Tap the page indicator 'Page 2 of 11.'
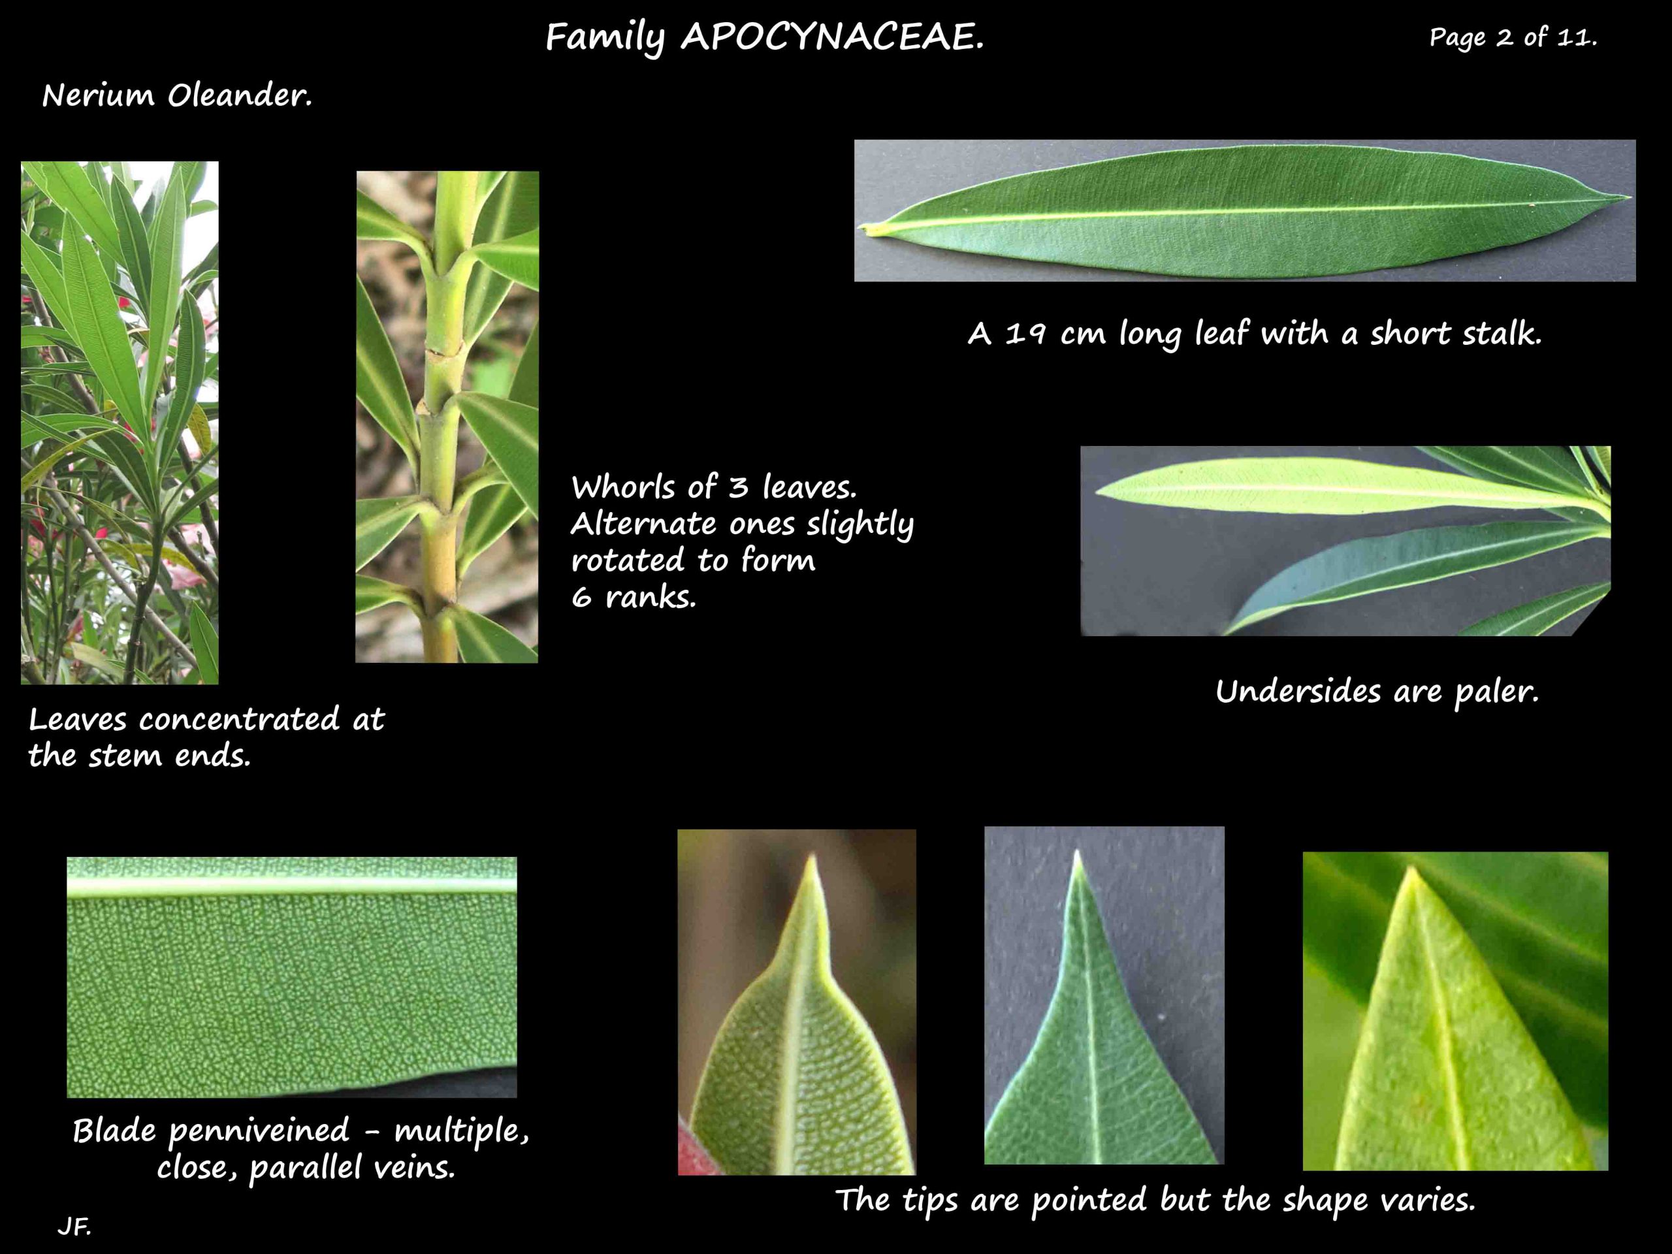point(1513,37)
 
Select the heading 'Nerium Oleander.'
point(177,96)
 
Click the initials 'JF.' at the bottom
point(74,1226)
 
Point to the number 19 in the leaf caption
point(1025,333)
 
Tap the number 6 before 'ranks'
point(581,598)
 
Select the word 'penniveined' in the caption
point(259,1131)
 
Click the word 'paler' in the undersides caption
point(1496,691)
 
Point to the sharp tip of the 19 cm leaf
point(1628,198)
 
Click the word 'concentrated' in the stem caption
point(239,719)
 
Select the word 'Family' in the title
point(605,37)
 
